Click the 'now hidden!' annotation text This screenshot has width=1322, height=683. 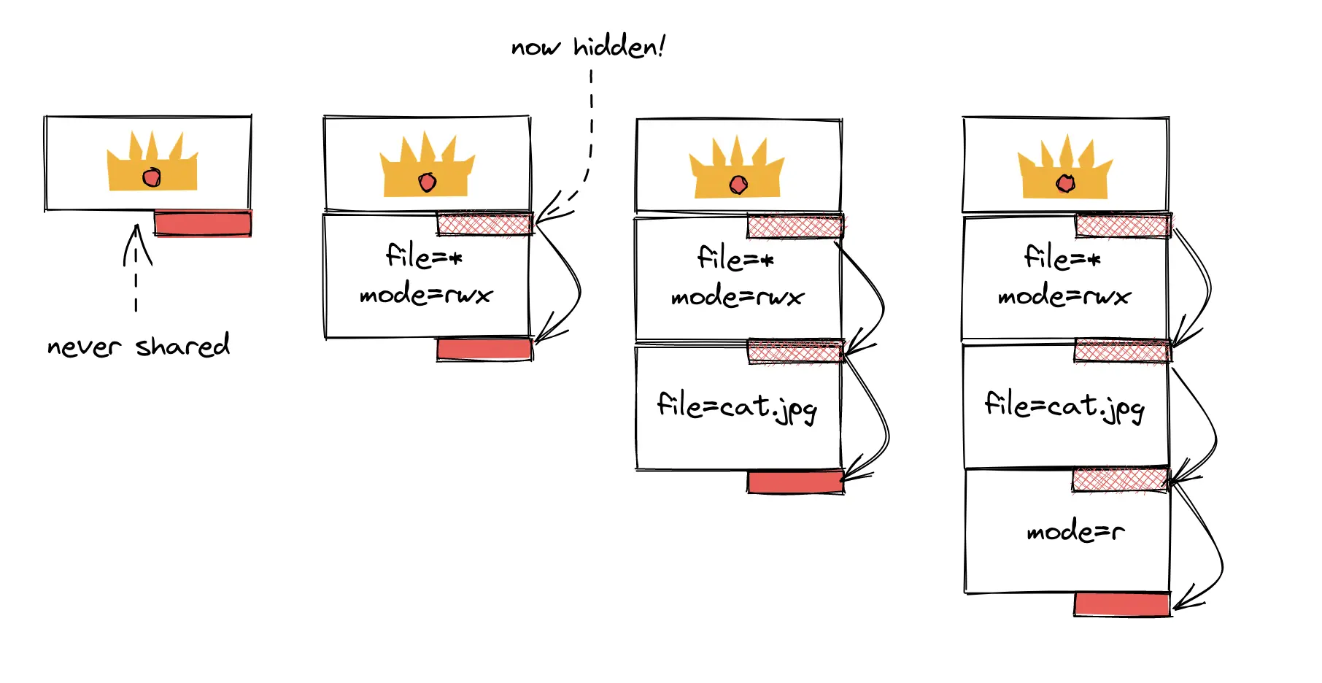click(x=587, y=47)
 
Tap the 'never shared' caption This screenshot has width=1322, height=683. click(x=138, y=346)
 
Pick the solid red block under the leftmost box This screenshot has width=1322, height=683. click(x=203, y=223)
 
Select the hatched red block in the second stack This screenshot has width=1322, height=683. click(x=484, y=224)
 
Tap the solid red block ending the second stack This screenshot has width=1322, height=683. click(x=484, y=349)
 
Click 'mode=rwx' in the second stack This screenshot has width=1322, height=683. click(x=426, y=295)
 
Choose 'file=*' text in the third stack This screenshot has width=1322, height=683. click(x=735, y=258)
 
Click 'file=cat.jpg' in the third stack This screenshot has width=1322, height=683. click(x=737, y=406)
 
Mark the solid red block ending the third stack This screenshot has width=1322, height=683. click(x=795, y=482)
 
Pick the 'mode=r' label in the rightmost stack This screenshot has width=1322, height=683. click(x=1075, y=531)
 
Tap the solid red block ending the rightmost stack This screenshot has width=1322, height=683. click(x=1122, y=604)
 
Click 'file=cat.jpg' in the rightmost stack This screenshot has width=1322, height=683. click(x=1064, y=406)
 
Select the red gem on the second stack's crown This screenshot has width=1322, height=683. click(x=428, y=182)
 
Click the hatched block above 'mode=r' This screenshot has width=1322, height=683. click(x=1120, y=480)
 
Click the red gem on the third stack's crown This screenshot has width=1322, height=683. click(x=738, y=185)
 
